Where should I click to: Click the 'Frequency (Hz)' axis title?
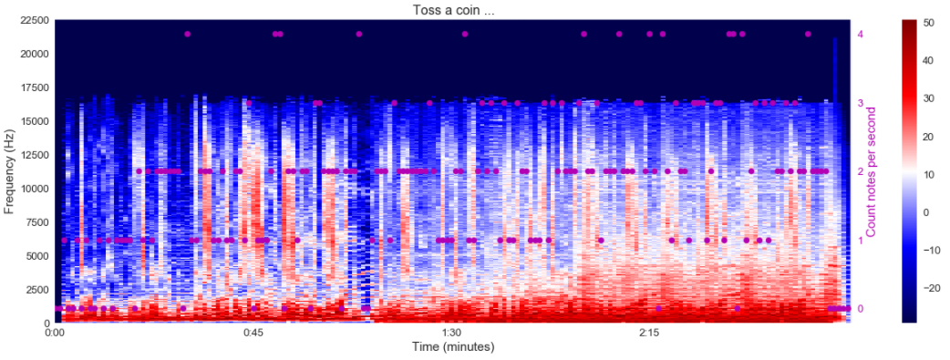coord(10,171)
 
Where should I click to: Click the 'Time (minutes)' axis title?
coord(452,347)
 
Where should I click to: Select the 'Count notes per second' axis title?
coord(872,171)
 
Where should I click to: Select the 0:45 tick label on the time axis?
coord(253,334)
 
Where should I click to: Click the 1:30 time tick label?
coord(451,334)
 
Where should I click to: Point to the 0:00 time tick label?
coord(55,334)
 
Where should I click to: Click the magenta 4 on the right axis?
coord(861,35)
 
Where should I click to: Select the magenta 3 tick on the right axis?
coord(861,103)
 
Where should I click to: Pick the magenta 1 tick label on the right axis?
coord(861,241)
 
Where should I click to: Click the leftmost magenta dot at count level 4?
coord(187,35)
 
